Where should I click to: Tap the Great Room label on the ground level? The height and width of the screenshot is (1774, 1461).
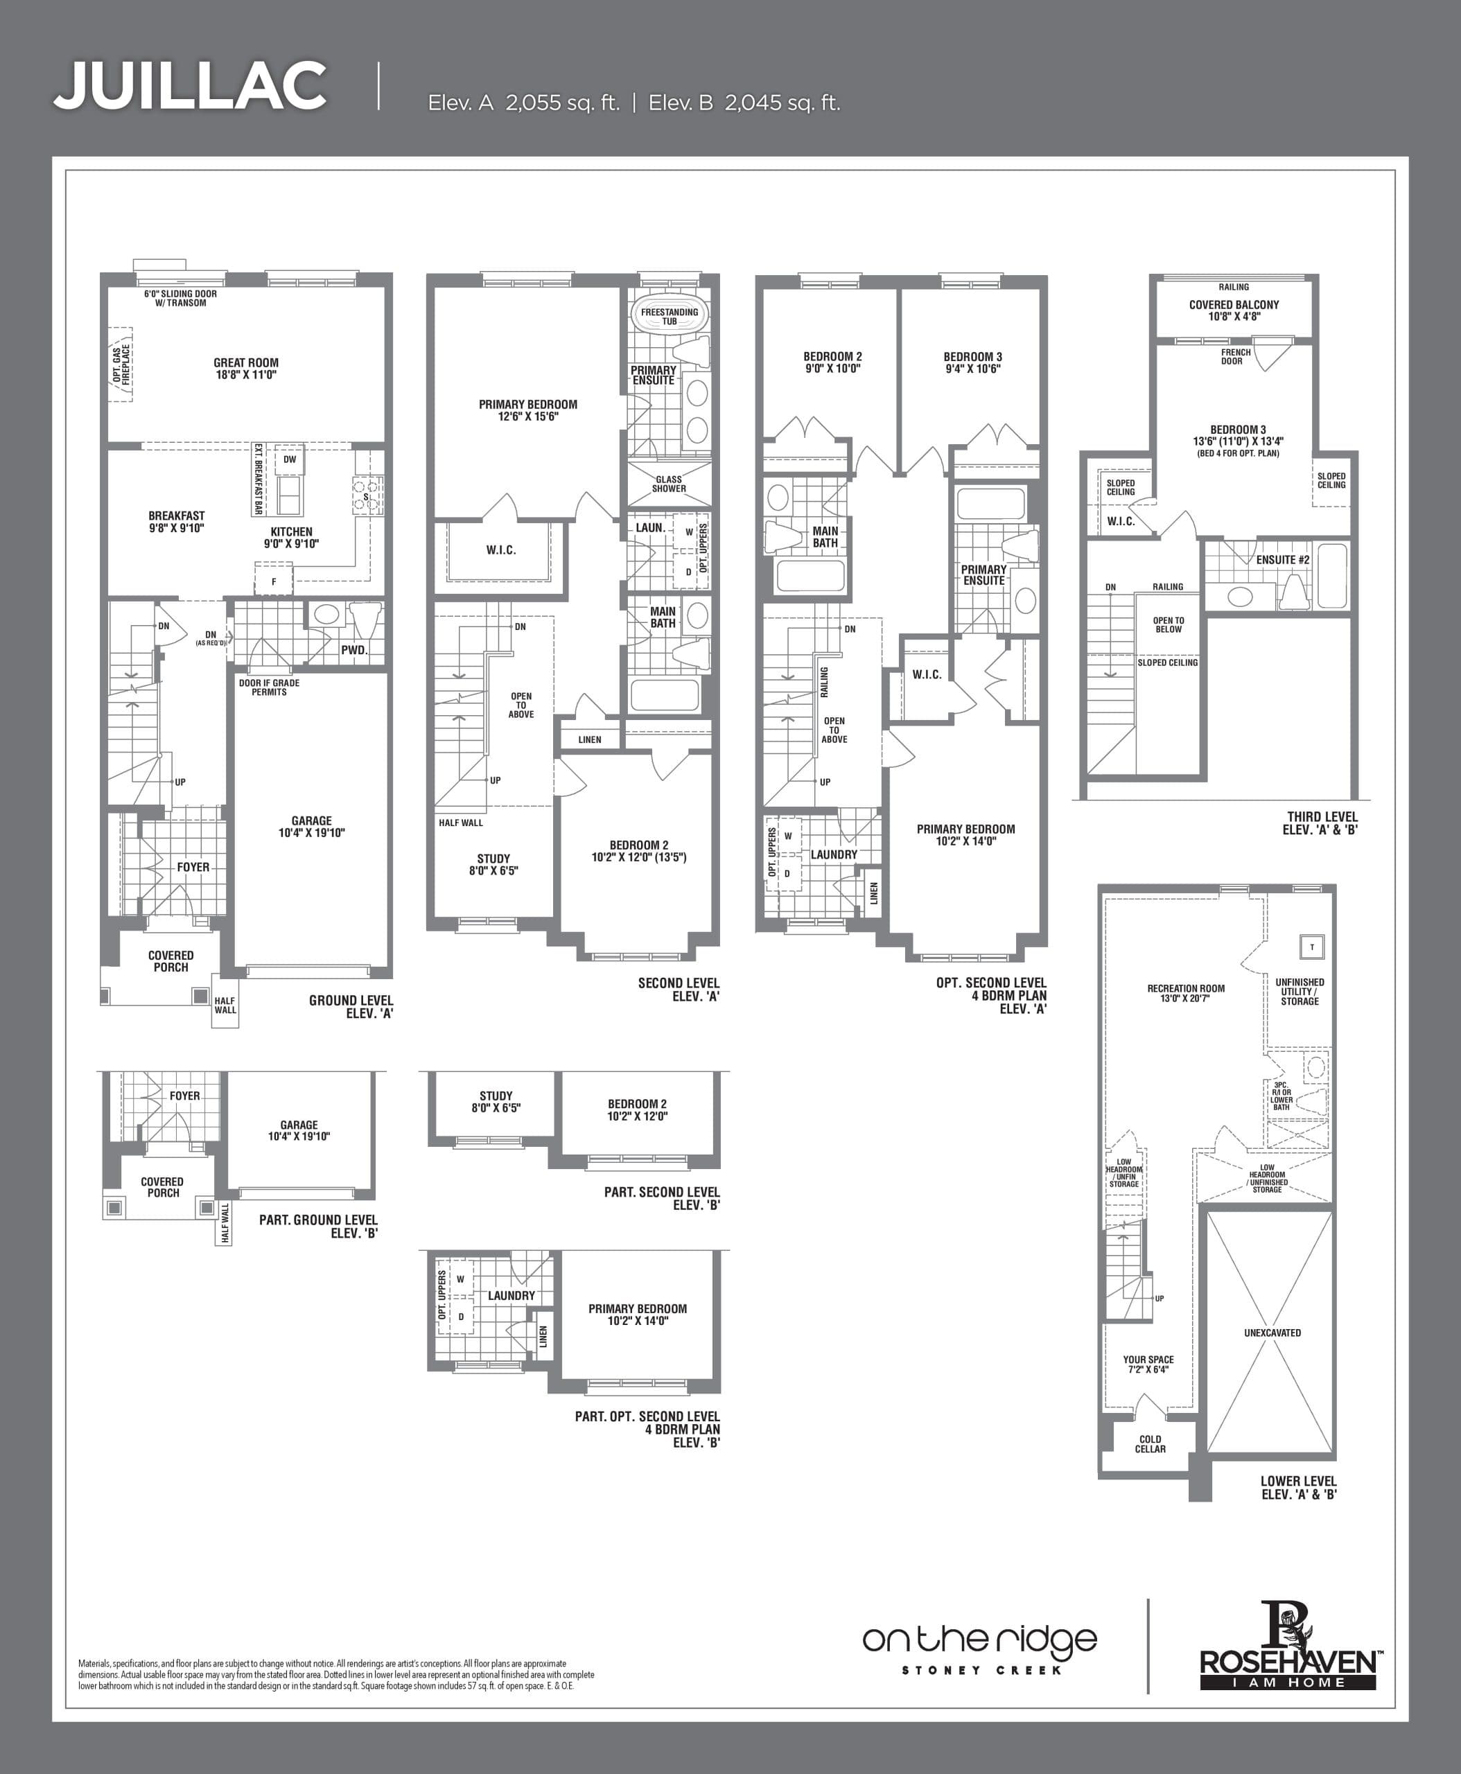coord(246,369)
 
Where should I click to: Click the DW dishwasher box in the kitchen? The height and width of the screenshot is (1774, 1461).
coord(290,459)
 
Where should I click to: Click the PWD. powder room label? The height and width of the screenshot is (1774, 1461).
coord(354,650)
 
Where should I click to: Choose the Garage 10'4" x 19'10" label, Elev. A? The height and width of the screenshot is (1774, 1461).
coord(311,827)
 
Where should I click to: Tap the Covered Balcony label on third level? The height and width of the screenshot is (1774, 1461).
coord(1233,310)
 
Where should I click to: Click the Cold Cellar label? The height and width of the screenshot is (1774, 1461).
coord(1150,1444)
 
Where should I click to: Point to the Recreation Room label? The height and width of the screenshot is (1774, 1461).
coord(1186,993)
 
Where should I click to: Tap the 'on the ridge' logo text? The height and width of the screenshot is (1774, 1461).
coord(979,1640)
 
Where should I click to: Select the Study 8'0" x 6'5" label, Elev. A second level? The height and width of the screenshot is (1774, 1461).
coord(493,865)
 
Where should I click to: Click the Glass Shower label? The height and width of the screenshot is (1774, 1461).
coord(669,484)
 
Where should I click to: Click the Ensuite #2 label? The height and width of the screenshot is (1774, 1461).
coord(1281,560)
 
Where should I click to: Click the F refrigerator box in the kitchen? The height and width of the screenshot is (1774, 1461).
coord(274,581)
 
